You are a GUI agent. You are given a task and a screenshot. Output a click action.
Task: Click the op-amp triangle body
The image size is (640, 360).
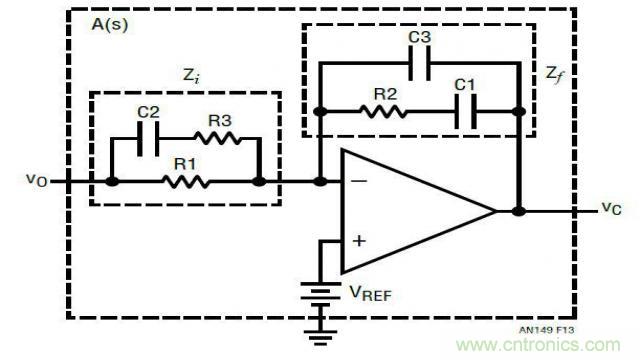(x=410, y=211)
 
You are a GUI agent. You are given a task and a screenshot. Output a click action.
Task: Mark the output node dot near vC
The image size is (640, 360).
(x=519, y=211)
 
